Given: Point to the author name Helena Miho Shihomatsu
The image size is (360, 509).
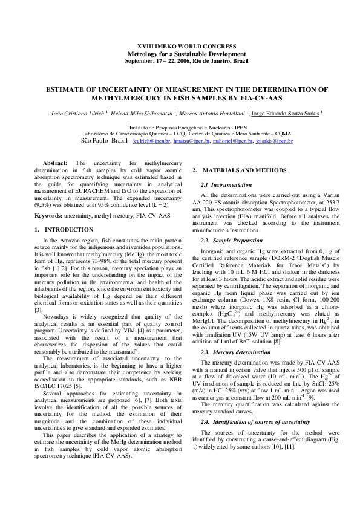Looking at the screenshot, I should [x=142, y=112].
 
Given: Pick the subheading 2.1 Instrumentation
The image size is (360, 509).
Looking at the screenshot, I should [x=226, y=184].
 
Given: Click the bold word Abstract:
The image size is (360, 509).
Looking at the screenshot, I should [x=55, y=164].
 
